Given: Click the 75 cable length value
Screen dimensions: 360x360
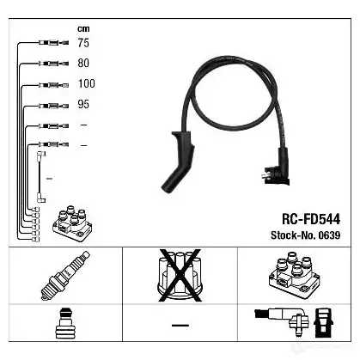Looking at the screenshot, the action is (x=83, y=43).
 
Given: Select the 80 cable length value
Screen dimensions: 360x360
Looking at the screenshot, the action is (x=83, y=64).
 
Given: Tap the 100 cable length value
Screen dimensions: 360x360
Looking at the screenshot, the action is (x=87, y=83).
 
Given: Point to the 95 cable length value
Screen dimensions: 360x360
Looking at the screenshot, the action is (x=83, y=104).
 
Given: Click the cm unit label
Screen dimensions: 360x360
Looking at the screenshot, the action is (x=83, y=28).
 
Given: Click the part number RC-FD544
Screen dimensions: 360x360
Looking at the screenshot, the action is (x=311, y=219).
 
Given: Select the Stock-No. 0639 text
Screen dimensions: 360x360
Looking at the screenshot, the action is (x=306, y=235).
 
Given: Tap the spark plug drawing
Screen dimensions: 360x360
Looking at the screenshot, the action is (x=65, y=276).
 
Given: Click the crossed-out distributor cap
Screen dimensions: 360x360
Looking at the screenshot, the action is (x=180, y=276).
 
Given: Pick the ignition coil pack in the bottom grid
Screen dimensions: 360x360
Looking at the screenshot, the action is (x=294, y=275).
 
